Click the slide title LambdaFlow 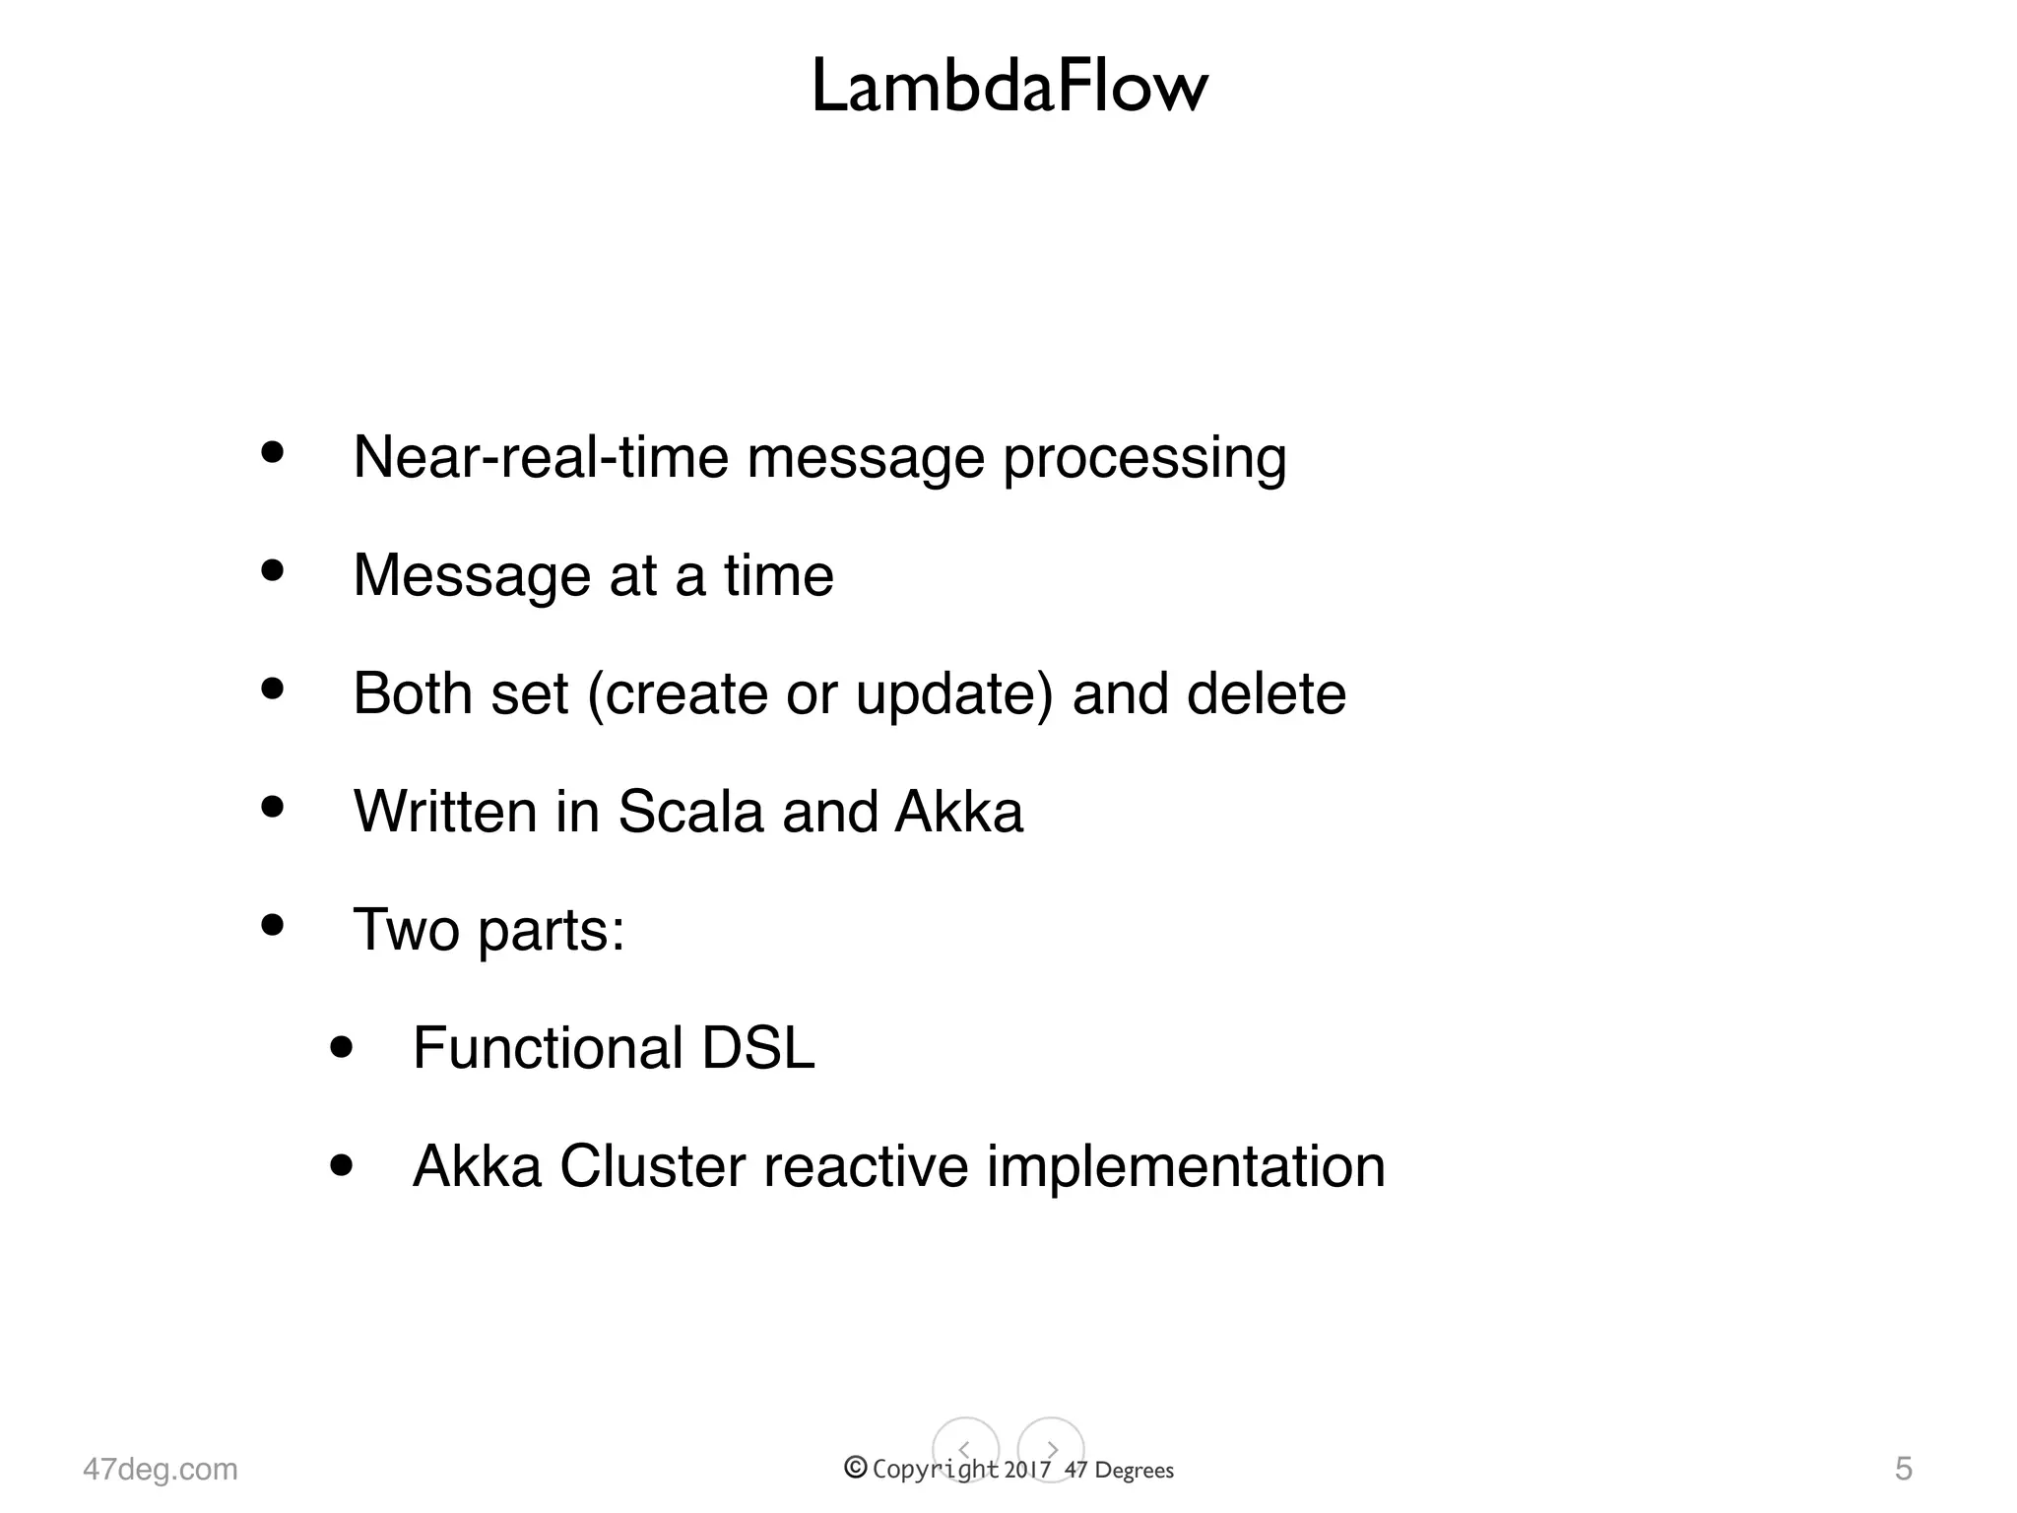point(1008,87)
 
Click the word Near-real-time point(540,457)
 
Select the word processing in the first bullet point(1144,459)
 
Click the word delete point(1267,692)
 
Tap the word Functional point(548,1047)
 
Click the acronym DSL point(758,1047)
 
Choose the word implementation point(1186,1167)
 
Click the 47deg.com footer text point(161,1469)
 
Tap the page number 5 point(1904,1468)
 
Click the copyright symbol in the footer point(856,1468)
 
